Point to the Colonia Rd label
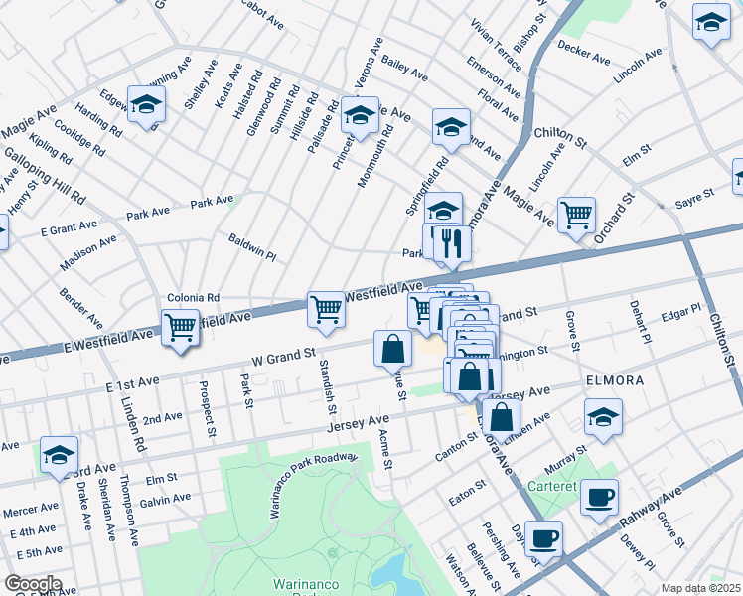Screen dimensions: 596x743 pyautogui.click(x=193, y=297)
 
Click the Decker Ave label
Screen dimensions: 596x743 pyautogui.click(x=583, y=53)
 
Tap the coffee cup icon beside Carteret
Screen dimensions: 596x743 pyautogui.click(x=598, y=497)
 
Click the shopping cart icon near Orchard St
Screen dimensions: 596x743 pyautogui.click(x=576, y=214)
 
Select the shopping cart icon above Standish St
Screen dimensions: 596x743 pyautogui.click(x=326, y=309)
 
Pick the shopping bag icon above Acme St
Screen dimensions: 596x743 pyautogui.click(x=393, y=348)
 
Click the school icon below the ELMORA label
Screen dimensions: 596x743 pyautogui.click(x=603, y=417)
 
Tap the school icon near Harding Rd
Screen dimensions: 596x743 pyautogui.click(x=147, y=106)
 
